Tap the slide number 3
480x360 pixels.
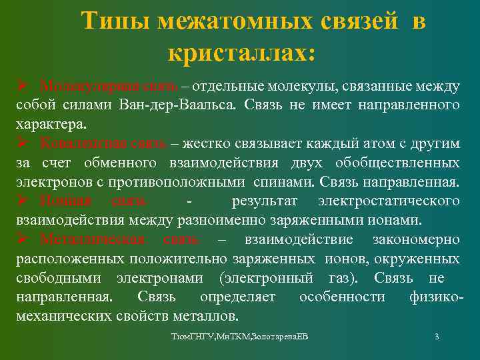point(436,337)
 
